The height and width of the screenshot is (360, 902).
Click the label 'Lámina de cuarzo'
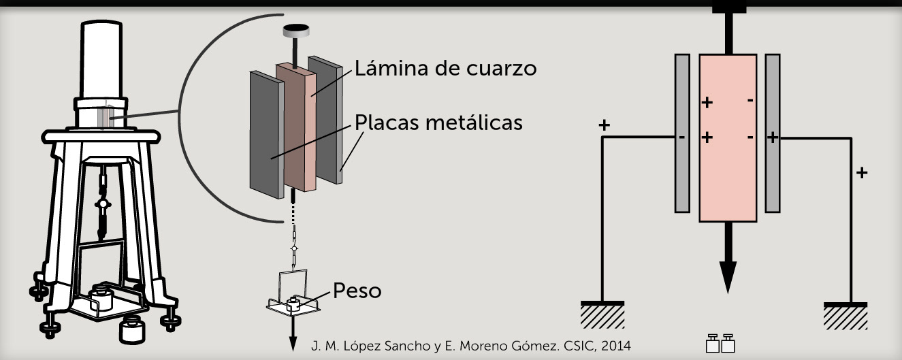[445, 69]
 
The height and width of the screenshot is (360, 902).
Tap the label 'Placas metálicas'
[438, 123]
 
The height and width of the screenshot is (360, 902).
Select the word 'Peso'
[357, 291]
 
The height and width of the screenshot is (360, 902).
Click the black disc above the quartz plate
[296, 30]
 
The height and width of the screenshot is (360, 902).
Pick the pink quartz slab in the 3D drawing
[297, 126]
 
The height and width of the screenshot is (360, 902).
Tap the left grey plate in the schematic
[683, 133]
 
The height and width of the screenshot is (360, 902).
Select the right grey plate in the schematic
[772, 133]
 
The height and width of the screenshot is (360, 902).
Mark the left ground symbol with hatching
[602, 314]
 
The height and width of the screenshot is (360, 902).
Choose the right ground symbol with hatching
[845, 314]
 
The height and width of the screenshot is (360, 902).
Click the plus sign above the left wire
[603, 126]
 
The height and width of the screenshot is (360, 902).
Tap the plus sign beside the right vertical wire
[863, 172]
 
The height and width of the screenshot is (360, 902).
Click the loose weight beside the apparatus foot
[131, 331]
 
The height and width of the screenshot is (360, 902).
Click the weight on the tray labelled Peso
[294, 303]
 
